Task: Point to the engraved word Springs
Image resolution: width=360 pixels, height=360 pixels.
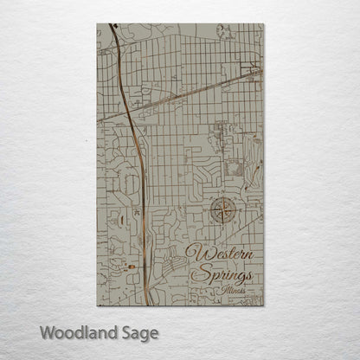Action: (226, 274)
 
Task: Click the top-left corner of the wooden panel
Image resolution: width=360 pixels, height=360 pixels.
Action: (97, 24)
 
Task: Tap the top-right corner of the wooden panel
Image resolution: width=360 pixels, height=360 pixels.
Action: (264, 24)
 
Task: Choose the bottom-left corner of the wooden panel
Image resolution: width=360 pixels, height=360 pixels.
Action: (97, 305)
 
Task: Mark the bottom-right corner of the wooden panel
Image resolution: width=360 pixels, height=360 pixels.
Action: (264, 305)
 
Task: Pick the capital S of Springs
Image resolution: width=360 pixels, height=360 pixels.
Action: (204, 273)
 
